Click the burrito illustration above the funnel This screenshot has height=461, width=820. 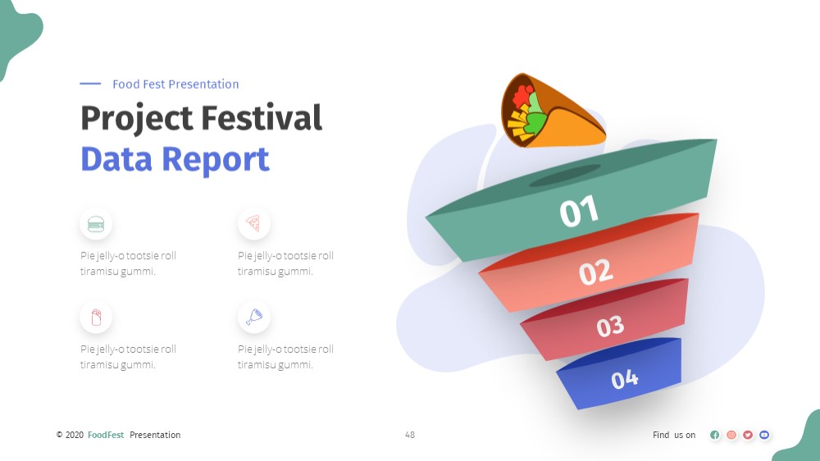click(x=552, y=111)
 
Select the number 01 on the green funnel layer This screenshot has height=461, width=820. click(x=579, y=211)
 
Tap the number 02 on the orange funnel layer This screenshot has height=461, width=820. click(x=595, y=272)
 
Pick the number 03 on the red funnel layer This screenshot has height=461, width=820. click(x=610, y=326)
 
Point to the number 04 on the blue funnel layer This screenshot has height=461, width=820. click(x=624, y=378)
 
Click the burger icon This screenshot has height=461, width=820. click(x=96, y=224)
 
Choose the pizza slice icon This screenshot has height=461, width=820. click(x=253, y=223)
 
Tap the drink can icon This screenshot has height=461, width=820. click(x=96, y=317)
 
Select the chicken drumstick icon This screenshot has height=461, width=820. click(x=254, y=317)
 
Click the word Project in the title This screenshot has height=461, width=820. click(x=137, y=118)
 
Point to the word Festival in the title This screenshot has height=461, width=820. click(x=262, y=117)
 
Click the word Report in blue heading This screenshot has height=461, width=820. click(x=216, y=160)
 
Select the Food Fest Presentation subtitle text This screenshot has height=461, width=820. click(x=175, y=84)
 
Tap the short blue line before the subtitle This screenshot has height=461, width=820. click(x=90, y=83)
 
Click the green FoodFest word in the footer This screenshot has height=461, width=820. click(x=106, y=435)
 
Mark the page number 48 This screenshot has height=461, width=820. click(x=410, y=435)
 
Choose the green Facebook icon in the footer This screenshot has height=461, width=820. click(x=715, y=435)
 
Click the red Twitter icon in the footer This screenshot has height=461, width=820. click(x=748, y=435)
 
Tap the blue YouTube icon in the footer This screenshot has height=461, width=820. click(x=764, y=435)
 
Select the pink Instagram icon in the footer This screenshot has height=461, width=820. click(x=731, y=435)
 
